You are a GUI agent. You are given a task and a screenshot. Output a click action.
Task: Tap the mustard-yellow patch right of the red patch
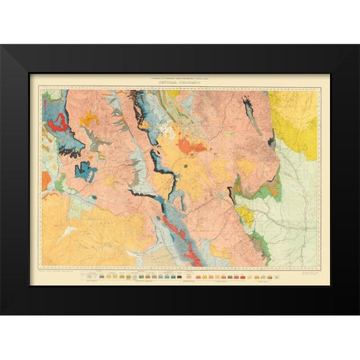(88, 118)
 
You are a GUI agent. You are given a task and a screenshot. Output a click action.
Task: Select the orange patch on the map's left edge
(46, 180)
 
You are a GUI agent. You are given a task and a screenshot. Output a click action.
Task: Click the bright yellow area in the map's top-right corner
(295, 116)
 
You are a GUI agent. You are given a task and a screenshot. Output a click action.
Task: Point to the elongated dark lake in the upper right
(250, 112)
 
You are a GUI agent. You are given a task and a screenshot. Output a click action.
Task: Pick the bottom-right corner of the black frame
(358, 313)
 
